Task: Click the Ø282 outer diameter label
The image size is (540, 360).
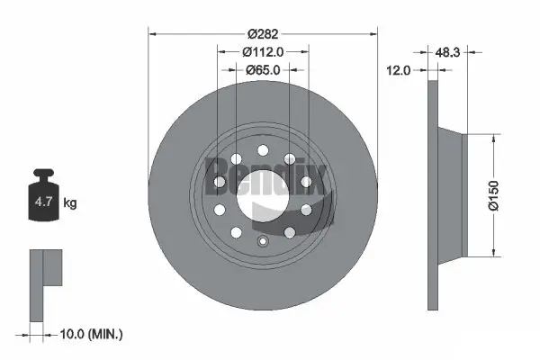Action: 263,35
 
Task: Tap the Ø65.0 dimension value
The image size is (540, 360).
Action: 263,69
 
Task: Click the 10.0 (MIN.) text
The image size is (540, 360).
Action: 89,334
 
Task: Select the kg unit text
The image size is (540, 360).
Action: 69,203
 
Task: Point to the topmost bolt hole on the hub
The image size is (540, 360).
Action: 263,149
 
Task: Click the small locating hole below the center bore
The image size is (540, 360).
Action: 263,241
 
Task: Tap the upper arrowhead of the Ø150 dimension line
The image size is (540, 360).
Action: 495,136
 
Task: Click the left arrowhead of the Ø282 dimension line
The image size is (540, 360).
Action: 151,35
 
